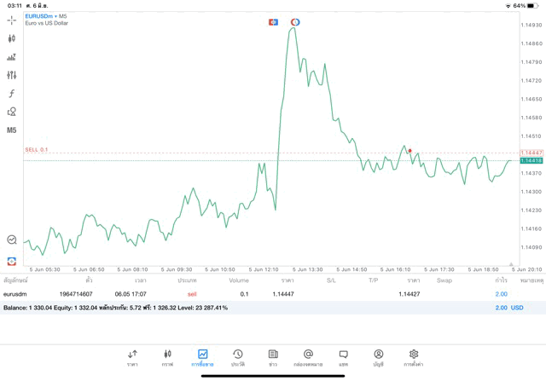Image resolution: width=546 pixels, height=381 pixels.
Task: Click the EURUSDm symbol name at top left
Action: pos(39,16)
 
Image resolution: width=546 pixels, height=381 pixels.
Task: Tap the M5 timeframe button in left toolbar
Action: pos(12,130)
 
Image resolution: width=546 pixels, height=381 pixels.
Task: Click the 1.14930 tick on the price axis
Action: pos(531,25)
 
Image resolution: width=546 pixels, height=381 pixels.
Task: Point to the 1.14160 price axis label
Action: pos(531,228)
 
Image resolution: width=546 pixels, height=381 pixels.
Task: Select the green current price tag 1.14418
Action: pos(531,160)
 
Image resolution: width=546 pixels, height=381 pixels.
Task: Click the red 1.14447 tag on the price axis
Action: pos(531,153)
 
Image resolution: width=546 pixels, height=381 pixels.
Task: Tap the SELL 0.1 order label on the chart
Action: pos(37,149)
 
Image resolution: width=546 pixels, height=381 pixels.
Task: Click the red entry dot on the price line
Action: pos(409,151)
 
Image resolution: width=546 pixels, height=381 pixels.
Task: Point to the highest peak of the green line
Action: pos(293,28)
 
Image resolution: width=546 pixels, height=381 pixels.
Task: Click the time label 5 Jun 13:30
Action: pos(309,269)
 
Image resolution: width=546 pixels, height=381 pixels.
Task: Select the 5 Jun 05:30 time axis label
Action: pos(44,269)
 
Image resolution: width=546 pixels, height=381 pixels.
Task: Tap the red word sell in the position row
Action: pos(192,294)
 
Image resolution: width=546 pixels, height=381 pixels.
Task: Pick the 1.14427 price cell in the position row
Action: pos(409,294)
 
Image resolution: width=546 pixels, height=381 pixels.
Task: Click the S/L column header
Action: pos(331,280)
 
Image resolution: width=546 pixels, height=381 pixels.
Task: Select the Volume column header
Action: pos(239,280)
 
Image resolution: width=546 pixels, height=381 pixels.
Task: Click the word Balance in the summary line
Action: pos(15,308)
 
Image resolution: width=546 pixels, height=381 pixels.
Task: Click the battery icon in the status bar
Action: pos(533,5)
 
